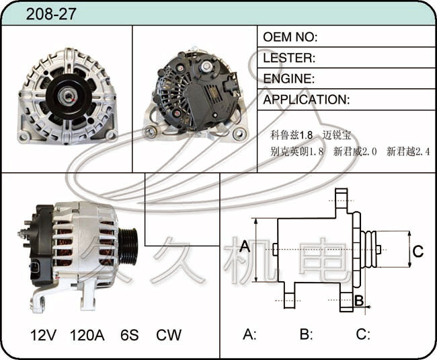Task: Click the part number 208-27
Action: [x=51, y=13]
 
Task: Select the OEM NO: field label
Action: [x=290, y=37]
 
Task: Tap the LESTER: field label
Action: [x=289, y=58]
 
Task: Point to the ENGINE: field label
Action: [x=288, y=79]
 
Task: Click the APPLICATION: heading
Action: [x=307, y=100]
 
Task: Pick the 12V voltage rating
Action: [x=43, y=335]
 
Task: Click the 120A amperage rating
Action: [x=87, y=335]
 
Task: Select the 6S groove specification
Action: [x=129, y=335]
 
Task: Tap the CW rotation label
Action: [x=169, y=335]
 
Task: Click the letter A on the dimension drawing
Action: [x=245, y=246]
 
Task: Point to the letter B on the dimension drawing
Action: [x=359, y=301]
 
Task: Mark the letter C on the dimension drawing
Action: [x=418, y=251]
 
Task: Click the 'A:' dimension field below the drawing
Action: [x=249, y=334]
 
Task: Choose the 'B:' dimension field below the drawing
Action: [x=307, y=334]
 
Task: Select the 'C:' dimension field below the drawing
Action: [x=363, y=334]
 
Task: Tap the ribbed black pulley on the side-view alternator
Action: [x=128, y=246]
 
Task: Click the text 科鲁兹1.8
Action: [x=292, y=135]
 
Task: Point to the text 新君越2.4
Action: [x=408, y=151]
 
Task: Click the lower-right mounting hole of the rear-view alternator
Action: [x=239, y=135]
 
